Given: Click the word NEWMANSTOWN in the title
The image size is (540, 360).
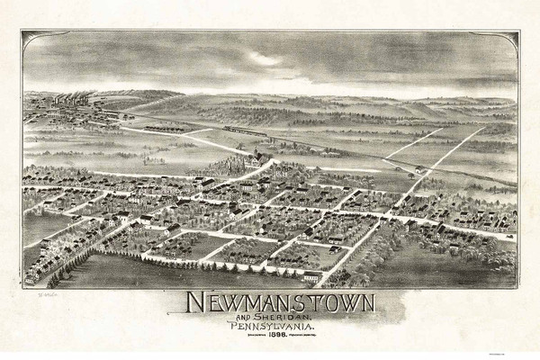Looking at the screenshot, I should pos(270,301).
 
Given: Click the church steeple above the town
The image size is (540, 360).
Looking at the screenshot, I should pos(258,155).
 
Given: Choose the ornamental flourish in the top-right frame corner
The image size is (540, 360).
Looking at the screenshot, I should pos(511,39).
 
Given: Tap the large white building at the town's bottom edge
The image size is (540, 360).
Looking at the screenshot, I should pos(311,275).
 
